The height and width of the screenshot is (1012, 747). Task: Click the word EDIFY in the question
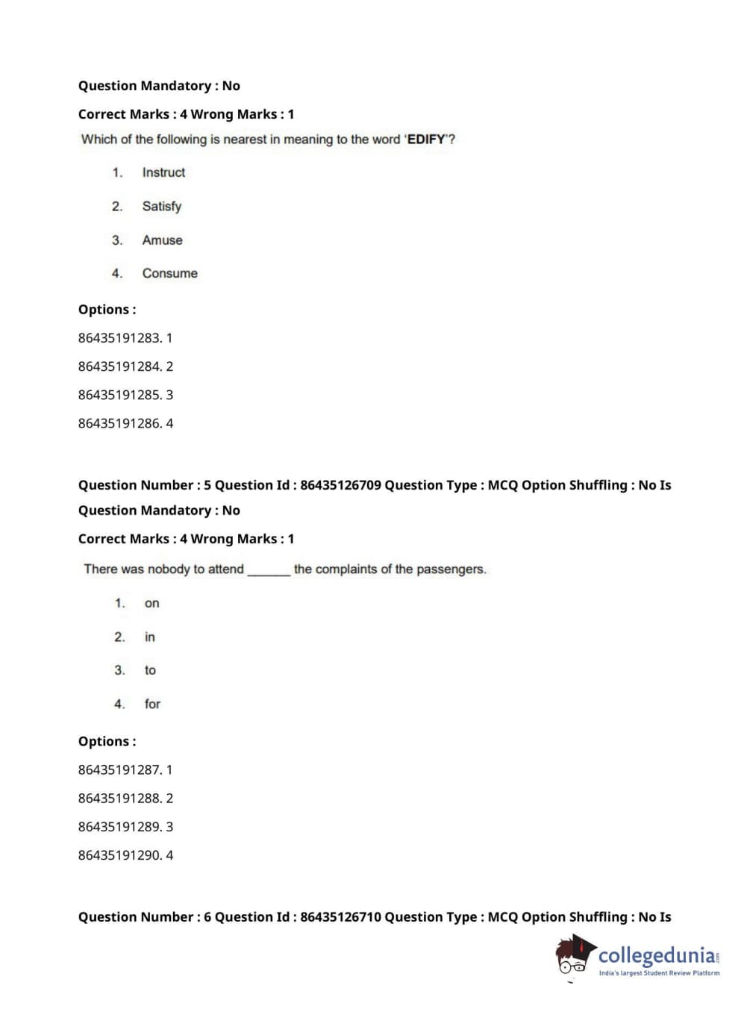(x=426, y=140)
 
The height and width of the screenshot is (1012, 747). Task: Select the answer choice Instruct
(x=163, y=172)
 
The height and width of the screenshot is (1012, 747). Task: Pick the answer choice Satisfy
(x=162, y=207)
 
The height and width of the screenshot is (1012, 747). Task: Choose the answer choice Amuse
(x=162, y=240)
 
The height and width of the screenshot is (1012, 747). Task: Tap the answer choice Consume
(x=170, y=274)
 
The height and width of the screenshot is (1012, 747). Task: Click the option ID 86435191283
(x=119, y=338)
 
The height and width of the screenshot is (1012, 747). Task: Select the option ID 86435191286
(x=119, y=424)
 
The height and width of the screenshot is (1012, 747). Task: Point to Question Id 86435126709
(x=340, y=485)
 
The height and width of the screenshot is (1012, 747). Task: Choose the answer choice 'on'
(x=152, y=604)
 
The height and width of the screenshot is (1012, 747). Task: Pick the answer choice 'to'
(x=150, y=671)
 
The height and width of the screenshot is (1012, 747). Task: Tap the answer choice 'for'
(x=152, y=705)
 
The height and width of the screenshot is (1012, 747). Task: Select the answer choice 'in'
(x=150, y=637)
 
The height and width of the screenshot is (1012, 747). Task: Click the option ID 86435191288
(x=119, y=799)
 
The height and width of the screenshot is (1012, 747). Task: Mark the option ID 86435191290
(x=119, y=855)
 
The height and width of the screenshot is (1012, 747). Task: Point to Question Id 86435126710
(x=340, y=917)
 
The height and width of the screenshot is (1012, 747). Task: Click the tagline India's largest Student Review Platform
(x=659, y=973)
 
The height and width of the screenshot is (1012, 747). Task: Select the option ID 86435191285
(x=119, y=395)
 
